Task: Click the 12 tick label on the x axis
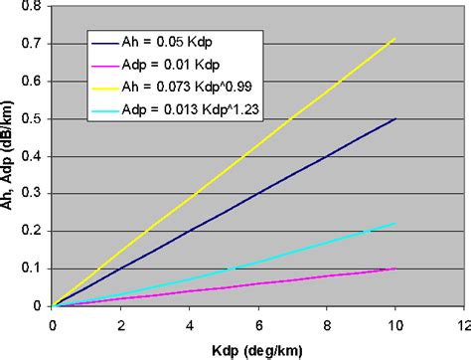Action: (x=462, y=324)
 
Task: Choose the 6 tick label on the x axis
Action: (x=258, y=324)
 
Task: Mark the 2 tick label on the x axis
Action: (x=121, y=324)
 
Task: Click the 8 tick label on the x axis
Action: (x=327, y=324)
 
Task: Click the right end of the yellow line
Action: (x=395, y=39)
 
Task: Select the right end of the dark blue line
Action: (x=395, y=118)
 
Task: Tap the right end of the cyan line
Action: (x=395, y=223)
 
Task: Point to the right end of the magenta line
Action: (x=395, y=269)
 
